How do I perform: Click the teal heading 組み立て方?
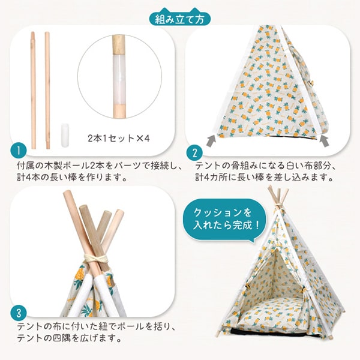pos(180,19)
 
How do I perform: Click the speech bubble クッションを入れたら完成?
pos(227,220)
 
